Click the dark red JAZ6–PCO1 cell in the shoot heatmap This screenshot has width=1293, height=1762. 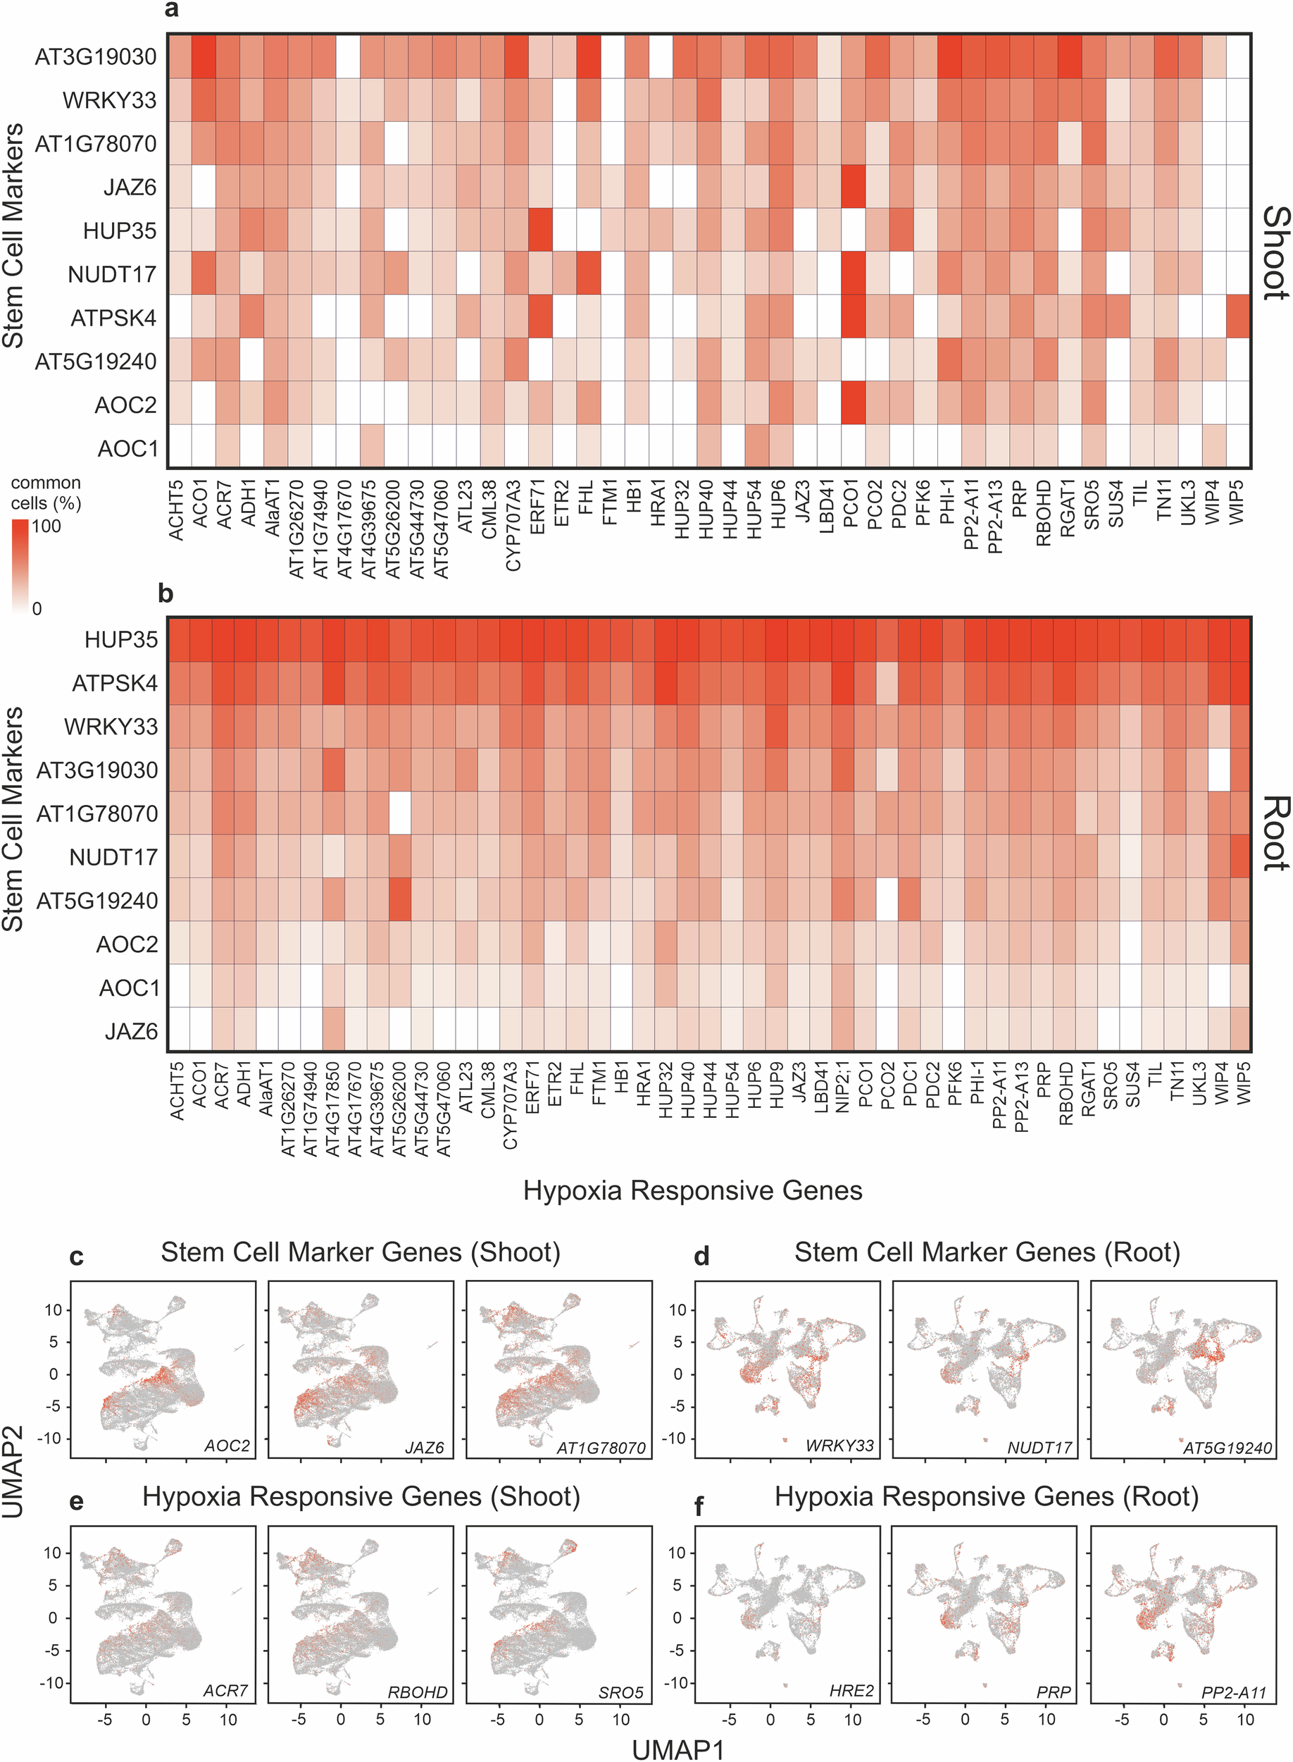pyautogui.click(x=852, y=186)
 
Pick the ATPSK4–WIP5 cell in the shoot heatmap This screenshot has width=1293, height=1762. pyautogui.click(x=1238, y=317)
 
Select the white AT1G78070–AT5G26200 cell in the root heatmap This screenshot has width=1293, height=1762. pyautogui.click(x=400, y=813)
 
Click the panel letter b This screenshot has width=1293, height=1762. pyautogui.click(x=165, y=593)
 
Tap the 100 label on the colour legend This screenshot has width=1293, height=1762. pyautogui.click(x=46, y=526)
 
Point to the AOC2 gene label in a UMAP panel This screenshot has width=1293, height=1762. pyautogui.click(x=226, y=1446)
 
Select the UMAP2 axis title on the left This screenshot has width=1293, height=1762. pyautogui.click(x=13, y=1472)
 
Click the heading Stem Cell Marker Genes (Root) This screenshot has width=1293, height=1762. pyautogui.click(x=986, y=1252)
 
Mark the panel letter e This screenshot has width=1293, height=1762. pyautogui.click(x=77, y=1501)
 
